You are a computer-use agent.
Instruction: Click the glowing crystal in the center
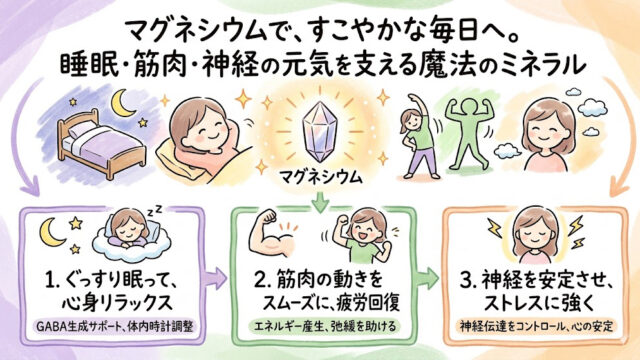[x=320, y=132]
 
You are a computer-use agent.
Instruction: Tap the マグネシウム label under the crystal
[x=320, y=178]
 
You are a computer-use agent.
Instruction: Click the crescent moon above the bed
[x=122, y=103]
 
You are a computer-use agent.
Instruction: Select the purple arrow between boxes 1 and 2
[x=215, y=278]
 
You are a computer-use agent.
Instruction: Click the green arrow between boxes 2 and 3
[x=428, y=278]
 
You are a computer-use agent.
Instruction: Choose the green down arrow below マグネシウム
[x=320, y=202]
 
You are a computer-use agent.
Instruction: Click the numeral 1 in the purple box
[x=50, y=280]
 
